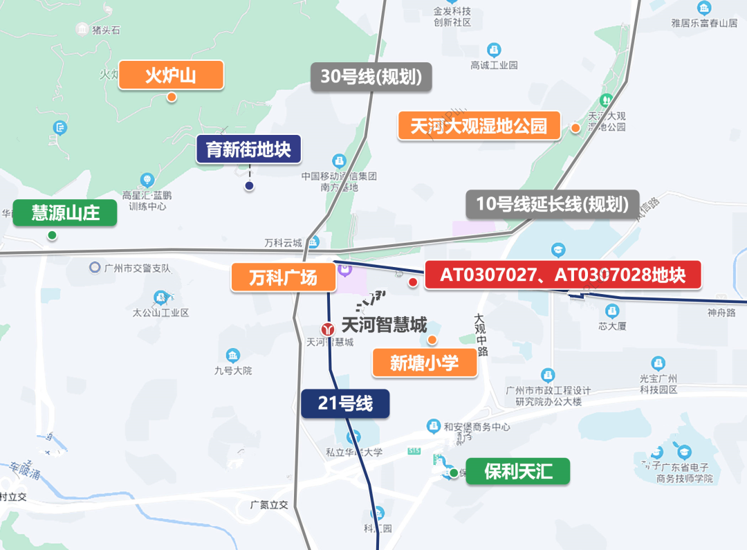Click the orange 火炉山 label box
point(171,75)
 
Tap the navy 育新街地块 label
point(248,149)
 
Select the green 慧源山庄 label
point(65,212)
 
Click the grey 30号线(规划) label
point(371,77)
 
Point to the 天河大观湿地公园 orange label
point(479,126)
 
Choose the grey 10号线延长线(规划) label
point(552,205)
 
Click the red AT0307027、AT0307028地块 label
point(563,275)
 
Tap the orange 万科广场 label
point(284,277)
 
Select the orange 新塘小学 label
point(425,363)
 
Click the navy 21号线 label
point(345,403)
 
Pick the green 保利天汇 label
point(518,472)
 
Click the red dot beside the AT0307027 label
point(413,282)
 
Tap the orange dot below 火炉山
point(171,97)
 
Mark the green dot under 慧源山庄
point(52,235)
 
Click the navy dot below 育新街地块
point(249,185)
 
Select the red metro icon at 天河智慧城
point(329,329)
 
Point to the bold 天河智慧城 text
point(385,324)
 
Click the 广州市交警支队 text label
point(137,268)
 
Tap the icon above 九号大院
point(233,356)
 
